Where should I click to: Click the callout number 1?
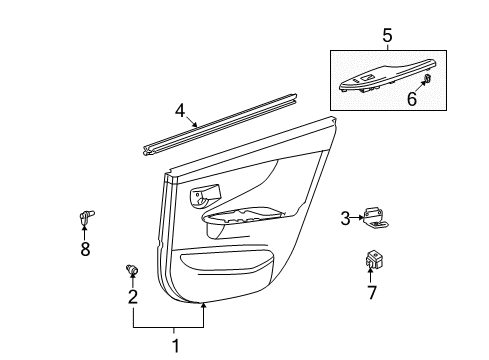click(176, 347)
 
